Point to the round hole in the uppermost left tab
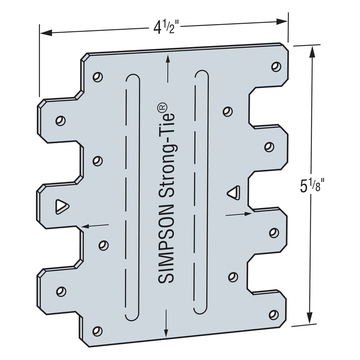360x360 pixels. point(61,121)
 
